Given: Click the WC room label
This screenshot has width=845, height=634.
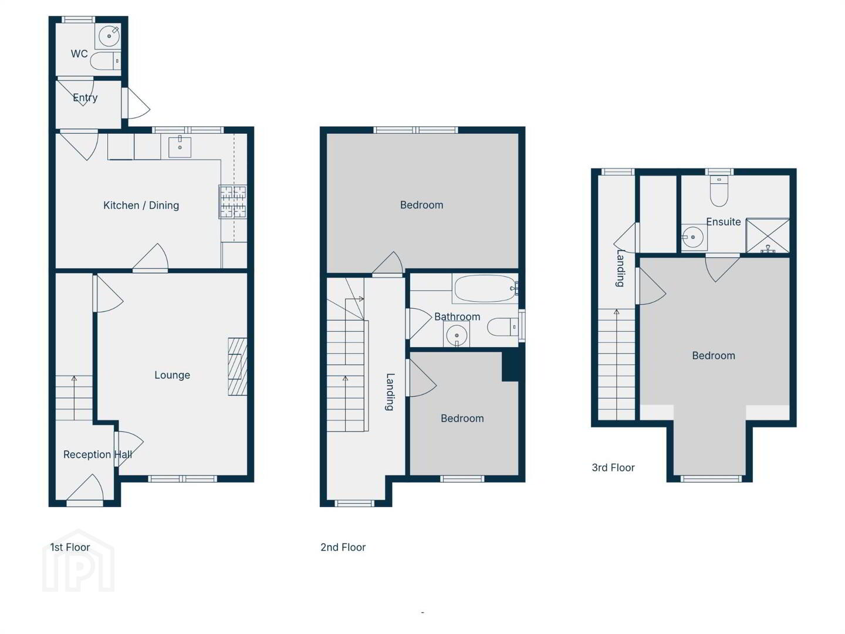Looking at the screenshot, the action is tap(79, 54).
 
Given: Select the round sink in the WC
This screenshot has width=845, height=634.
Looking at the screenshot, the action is tap(109, 36).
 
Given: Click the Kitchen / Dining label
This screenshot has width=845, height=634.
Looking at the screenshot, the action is tap(141, 205).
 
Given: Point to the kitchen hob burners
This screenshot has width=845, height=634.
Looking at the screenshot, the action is tap(233, 202).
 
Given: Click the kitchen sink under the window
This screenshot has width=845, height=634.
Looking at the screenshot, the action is tap(180, 147).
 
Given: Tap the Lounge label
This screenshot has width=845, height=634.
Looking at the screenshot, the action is tap(172, 375).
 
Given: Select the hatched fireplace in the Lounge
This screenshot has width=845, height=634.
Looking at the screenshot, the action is tap(238, 366).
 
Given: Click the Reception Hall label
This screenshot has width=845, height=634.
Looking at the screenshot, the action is tap(97, 454).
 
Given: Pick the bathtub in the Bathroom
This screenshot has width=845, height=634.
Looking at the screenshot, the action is tap(486, 289).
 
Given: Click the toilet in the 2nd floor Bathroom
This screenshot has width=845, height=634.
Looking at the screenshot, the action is tap(503, 327).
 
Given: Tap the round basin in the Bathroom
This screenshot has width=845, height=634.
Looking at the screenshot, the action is tap(457, 335).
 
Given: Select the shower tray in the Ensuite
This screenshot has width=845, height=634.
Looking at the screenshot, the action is tap(768, 235).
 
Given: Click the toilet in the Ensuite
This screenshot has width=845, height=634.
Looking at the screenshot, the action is tap(719, 191).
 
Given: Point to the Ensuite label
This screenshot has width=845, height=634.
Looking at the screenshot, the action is tap(724, 222).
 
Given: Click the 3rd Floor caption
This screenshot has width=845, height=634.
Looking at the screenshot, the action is tap(613, 468).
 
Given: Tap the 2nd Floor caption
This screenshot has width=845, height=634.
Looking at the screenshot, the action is tap(343, 547).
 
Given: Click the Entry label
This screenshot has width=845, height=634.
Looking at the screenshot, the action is tap(85, 98).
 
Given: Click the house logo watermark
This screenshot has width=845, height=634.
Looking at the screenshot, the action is tap(79, 561).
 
